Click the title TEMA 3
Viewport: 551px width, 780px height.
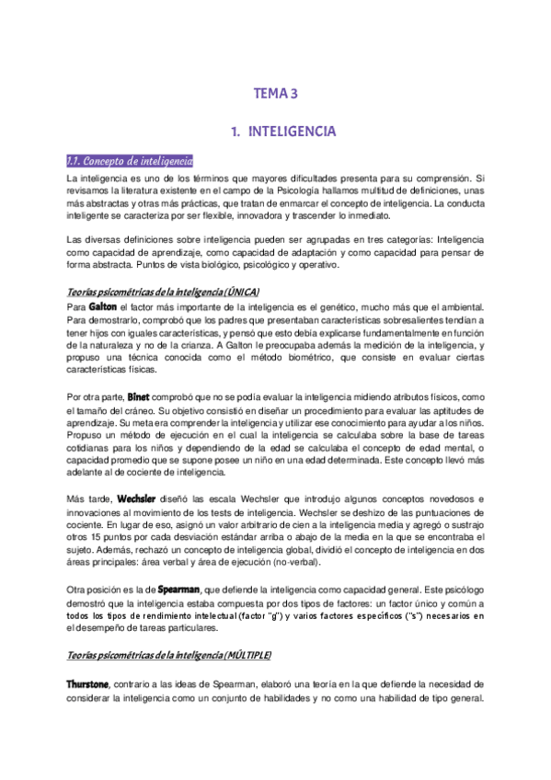(x=276, y=93)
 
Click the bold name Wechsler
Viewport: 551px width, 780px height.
(x=117, y=498)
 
